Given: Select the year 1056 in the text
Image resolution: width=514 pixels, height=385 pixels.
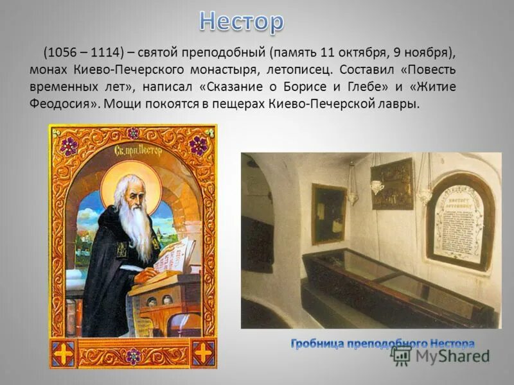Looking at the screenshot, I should (x=63, y=53).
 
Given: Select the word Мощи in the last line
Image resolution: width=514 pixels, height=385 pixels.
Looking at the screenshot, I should (x=125, y=103).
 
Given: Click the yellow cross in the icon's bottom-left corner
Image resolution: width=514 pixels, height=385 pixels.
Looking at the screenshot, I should (x=64, y=351).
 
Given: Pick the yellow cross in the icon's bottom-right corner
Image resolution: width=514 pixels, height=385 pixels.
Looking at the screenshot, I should (x=202, y=351).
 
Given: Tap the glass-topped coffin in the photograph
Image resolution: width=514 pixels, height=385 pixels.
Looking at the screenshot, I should (x=392, y=286).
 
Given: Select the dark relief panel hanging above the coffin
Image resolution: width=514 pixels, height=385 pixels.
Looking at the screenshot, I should (x=392, y=184).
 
